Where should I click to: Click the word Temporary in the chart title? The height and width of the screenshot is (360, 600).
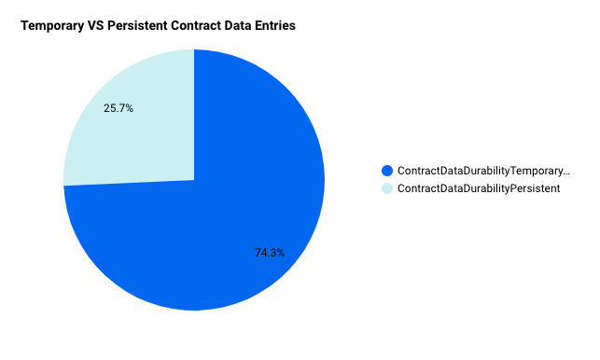[52, 26]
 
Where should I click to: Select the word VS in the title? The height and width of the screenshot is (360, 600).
[96, 25]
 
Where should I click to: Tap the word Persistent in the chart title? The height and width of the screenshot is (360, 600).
[137, 25]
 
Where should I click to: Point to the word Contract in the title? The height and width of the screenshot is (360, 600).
[196, 25]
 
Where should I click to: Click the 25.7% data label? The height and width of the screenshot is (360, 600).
[119, 108]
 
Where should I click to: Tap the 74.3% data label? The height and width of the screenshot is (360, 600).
[270, 253]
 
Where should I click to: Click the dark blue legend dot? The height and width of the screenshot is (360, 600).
[387, 171]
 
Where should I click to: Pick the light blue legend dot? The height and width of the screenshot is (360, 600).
[387, 188]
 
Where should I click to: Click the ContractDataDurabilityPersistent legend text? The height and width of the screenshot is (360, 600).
[479, 188]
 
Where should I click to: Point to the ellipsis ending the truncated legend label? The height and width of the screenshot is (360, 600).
[566, 173]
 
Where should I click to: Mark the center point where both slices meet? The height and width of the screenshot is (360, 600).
[194, 180]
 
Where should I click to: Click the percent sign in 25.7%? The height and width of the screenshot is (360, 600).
[129, 108]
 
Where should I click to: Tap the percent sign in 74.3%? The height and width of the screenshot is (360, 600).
[281, 253]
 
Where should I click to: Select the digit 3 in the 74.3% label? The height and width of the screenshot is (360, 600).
[272, 253]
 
